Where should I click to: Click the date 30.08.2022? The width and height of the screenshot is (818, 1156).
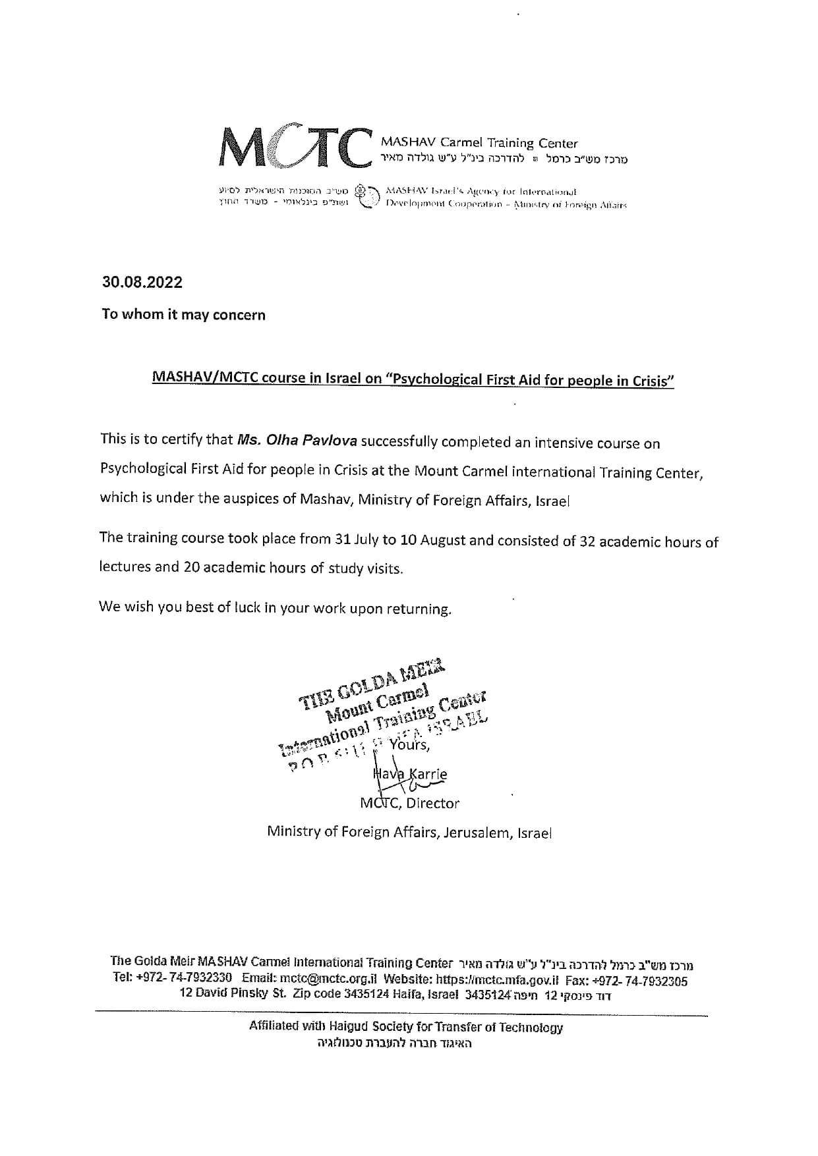[142, 283]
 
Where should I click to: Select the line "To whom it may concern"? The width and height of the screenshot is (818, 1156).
[183, 314]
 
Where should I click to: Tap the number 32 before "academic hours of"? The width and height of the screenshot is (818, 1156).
[587, 541]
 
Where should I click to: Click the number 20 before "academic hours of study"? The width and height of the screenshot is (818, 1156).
[192, 567]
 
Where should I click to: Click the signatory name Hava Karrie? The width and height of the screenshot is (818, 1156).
[410, 775]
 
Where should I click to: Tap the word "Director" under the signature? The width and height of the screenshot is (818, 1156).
[433, 803]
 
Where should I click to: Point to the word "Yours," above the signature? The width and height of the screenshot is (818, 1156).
[409, 745]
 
